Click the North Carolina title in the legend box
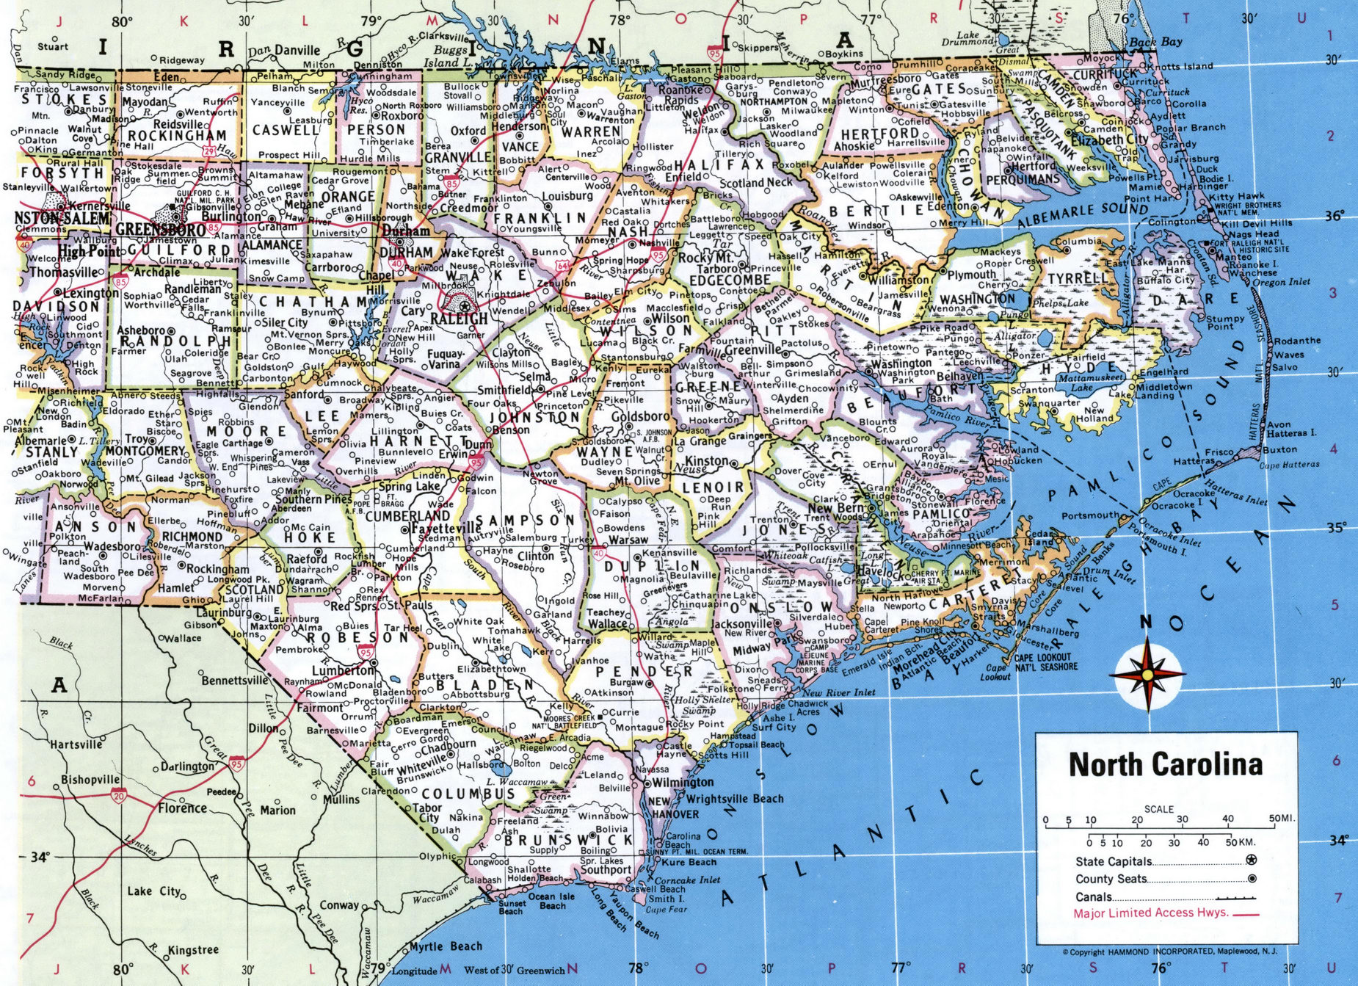1166,764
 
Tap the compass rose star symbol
1146,673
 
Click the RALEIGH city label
459,319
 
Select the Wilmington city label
683,782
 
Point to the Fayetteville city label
446,528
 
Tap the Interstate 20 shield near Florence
118,795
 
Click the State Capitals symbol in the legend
1251,860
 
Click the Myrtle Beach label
446,946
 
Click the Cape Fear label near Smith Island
666,909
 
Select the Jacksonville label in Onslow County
742,623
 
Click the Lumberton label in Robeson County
343,670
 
